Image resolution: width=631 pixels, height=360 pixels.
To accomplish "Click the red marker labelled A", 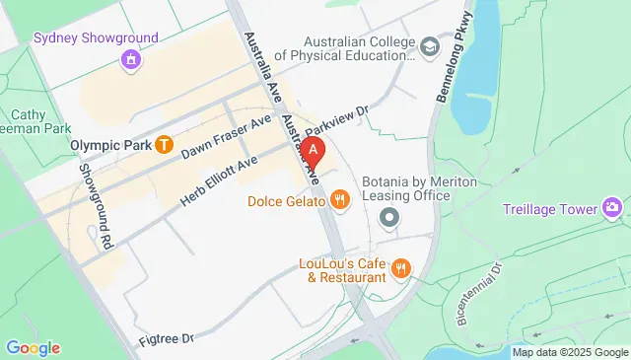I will pos(314,150).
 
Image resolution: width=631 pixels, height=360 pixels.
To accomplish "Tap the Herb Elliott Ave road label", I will pos(219,180).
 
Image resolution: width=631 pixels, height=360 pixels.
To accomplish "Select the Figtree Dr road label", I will pos(168,337).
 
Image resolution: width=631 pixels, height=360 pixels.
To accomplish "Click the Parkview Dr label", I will pos(335,124).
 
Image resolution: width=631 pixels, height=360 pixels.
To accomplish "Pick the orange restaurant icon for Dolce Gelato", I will pos(340,201).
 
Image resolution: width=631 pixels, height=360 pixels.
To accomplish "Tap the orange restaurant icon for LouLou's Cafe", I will pos(400,267).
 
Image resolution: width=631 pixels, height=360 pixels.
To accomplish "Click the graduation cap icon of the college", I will pos(429,46).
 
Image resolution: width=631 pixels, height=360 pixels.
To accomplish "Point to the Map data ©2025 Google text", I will pos(569,352).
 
